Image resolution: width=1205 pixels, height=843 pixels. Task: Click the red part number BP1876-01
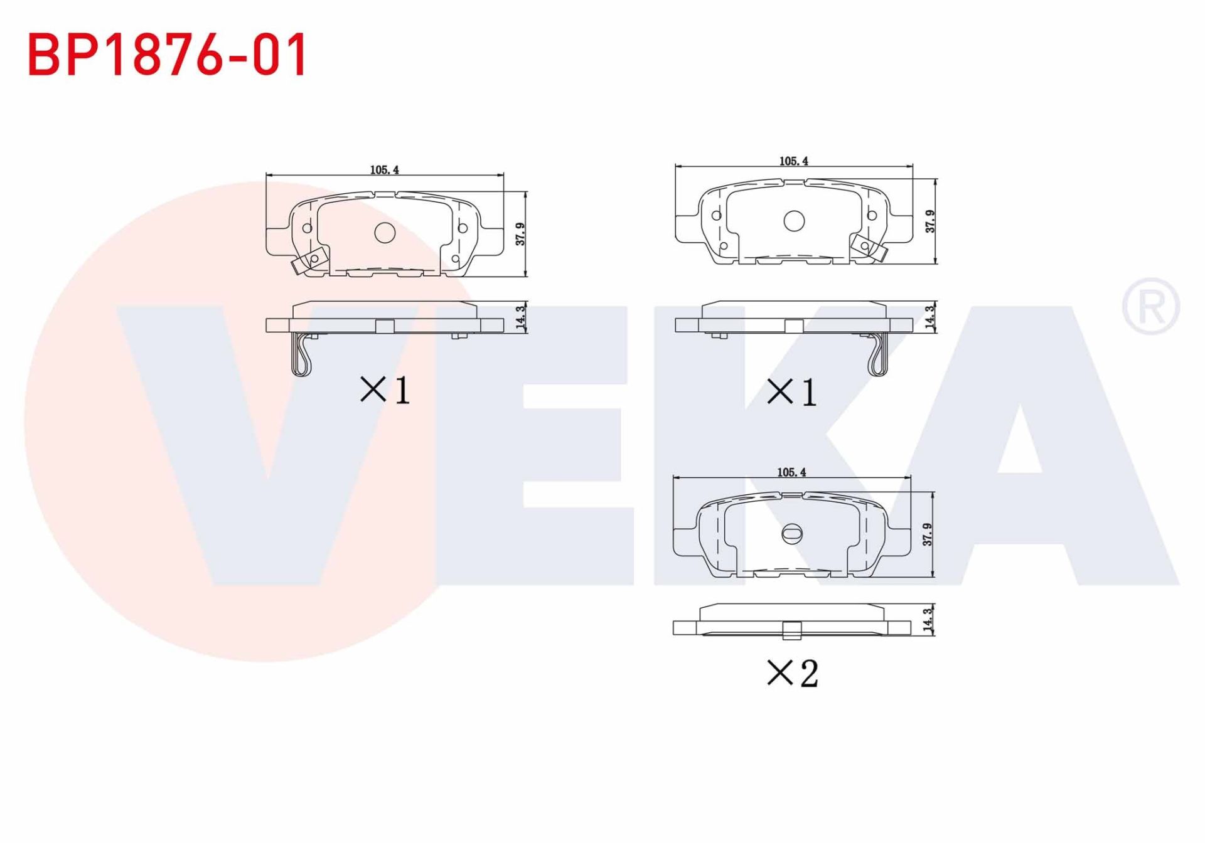(x=167, y=55)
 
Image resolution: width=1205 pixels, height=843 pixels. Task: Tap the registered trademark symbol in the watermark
(x=1150, y=307)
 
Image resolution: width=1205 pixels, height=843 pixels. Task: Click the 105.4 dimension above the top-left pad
(x=384, y=170)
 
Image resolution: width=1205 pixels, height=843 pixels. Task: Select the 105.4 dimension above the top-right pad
(x=793, y=161)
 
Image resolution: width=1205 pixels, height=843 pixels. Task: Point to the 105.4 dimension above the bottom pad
(x=791, y=472)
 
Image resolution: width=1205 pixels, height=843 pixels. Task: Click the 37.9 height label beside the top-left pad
(x=520, y=234)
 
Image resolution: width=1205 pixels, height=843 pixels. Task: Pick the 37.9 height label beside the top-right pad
(x=930, y=221)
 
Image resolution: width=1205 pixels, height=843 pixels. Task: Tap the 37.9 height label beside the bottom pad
(x=928, y=534)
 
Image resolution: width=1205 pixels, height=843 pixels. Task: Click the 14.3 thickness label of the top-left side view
(x=520, y=317)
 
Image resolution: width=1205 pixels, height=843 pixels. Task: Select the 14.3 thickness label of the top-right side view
(x=930, y=317)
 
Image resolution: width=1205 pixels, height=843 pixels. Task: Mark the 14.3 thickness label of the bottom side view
(x=928, y=620)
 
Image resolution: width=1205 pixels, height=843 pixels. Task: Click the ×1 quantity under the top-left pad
(x=385, y=390)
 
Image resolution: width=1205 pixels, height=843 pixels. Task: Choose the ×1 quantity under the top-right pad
(x=792, y=393)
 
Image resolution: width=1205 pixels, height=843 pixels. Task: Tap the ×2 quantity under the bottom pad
(x=792, y=674)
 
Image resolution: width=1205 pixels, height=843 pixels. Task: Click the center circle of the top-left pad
(x=384, y=233)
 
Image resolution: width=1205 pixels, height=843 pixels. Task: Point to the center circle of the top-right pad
(x=794, y=221)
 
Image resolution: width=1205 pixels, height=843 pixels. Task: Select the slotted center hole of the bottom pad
(x=791, y=533)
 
